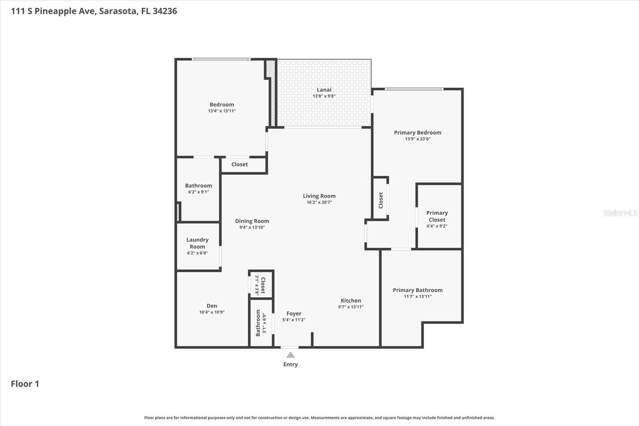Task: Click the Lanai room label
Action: tap(324, 90)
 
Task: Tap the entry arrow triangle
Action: tap(291, 355)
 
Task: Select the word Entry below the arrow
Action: tap(291, 364)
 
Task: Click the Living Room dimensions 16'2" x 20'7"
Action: tap(319, 202)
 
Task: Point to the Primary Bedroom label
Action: tap(417, 133)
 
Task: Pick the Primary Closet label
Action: tap(437, 216)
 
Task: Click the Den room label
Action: tap(212, 306)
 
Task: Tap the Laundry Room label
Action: tap(197, 243)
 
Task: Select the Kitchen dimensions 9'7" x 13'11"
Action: tap(351, 307)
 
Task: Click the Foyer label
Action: tap(294, 314)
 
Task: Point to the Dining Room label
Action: tap(252, 221)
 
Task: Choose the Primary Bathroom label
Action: tap(417, 290)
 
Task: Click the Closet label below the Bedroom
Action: tap(240, 164)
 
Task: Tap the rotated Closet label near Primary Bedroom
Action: tap(381, 200)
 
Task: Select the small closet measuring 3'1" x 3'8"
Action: tap(260, 285)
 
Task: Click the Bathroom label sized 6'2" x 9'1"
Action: tap(198, 186)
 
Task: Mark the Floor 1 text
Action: tap(25, 384)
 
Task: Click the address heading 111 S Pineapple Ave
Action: tap(94, 11)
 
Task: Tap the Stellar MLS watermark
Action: tap(620, 213)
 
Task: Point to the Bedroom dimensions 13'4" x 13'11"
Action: tap(222, 111)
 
